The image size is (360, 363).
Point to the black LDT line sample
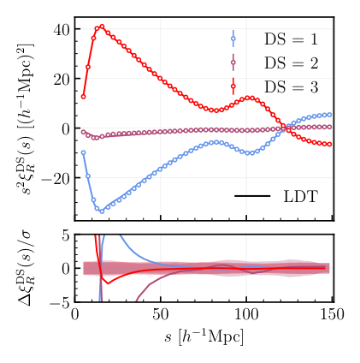[x=252, y=196]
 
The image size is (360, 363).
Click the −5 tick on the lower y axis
[x=57, y=303]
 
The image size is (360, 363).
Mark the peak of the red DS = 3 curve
[x=101, y=27]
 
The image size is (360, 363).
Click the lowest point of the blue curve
[x=101, y=211]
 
